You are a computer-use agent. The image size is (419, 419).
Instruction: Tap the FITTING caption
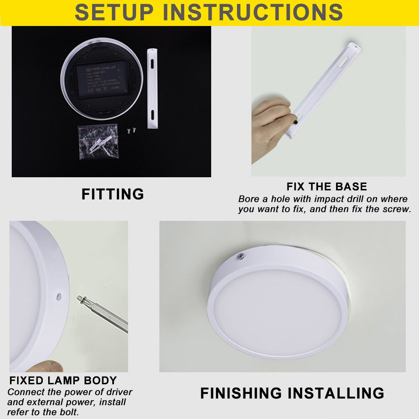[112, 194]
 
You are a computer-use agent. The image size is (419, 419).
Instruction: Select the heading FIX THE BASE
[326, 186]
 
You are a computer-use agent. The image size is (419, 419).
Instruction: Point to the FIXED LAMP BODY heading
[63, 381]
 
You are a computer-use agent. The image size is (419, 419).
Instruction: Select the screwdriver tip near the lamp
[80, 299]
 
